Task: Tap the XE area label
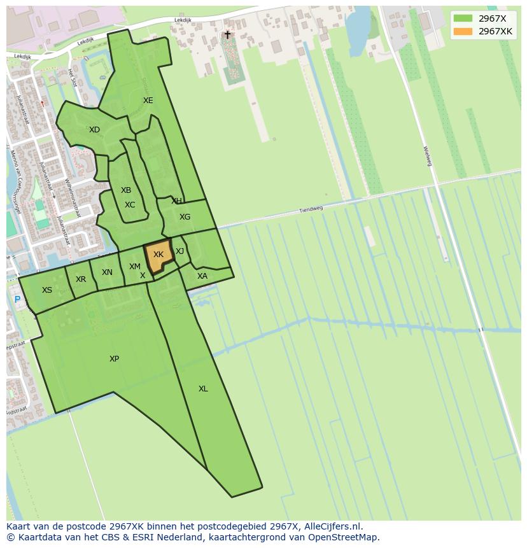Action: point(148,101)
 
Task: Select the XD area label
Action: point(94,130)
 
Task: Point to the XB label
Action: point(126,190)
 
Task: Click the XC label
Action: point(130,205)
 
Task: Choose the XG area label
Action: point(185,217)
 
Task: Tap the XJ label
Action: point(179,251)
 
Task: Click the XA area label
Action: point(202,276)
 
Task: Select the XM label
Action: point(134,267)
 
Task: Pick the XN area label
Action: point(107,272)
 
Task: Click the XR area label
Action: point(81,279)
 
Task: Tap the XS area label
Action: point(47,290)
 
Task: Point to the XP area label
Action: point(114,359)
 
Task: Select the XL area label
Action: point(203,389)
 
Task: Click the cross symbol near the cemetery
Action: point(227,35)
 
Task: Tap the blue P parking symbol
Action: point(17,299)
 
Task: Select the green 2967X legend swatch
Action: point(463,18)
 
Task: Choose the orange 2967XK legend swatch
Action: point(463,31)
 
